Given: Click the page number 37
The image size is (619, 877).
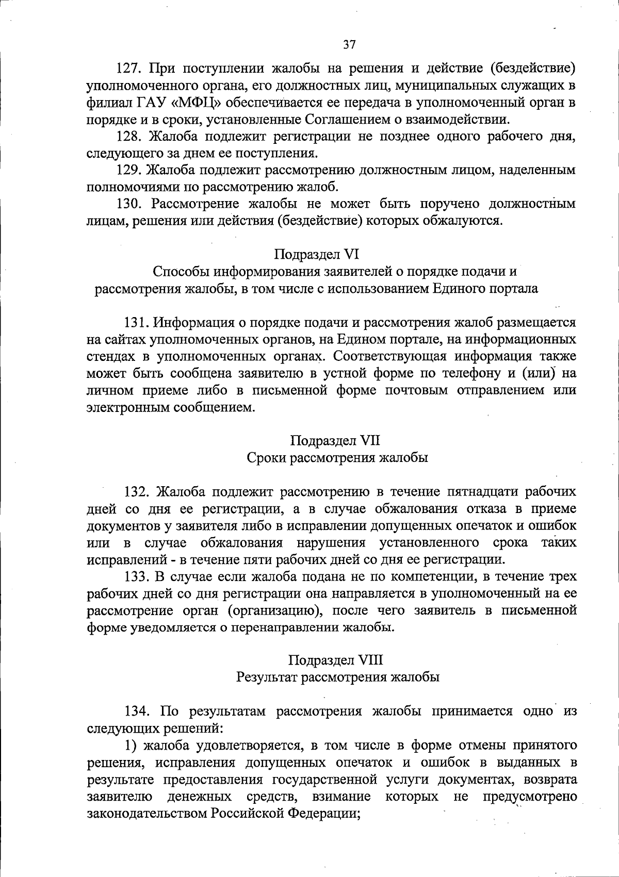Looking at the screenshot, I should point(349,45).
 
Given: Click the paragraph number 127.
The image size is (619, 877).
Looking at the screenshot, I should point(129,68).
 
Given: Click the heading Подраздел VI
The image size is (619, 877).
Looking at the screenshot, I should point(316,254).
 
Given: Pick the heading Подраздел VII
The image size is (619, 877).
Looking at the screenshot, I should point(335,440).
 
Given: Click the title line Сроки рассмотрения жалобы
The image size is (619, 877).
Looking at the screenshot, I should point(337,458).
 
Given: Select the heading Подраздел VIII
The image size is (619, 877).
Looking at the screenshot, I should point(335,660).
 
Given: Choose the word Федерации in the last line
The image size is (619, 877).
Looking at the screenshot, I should point(321,813).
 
